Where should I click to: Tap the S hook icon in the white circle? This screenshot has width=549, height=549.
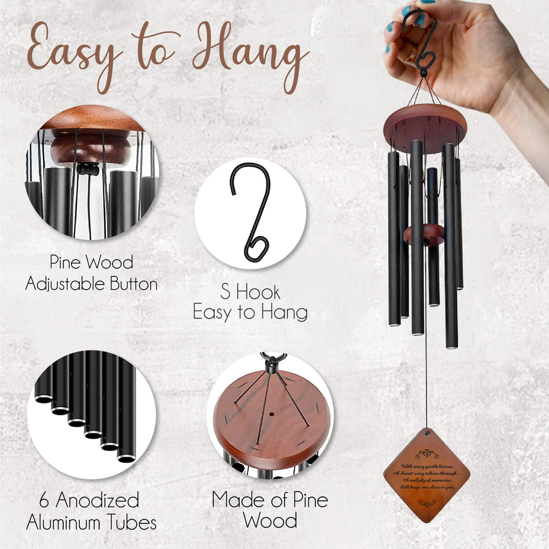click(x=250, y=211)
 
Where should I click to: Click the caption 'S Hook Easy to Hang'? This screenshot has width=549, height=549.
click(x=250, y=302)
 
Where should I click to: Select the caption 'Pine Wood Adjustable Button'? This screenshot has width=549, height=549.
click(x=92, y=273)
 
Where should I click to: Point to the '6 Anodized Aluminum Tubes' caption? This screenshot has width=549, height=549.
click(x=92, y=511)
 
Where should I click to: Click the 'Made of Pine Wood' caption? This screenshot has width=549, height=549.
click(x=270, y=510)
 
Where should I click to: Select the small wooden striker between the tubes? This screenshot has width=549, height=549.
click(x=425, y=235)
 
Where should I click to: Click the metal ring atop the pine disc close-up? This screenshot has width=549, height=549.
click(x=273, y=357)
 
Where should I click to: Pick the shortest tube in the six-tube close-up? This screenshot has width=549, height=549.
click(x=43, y=376)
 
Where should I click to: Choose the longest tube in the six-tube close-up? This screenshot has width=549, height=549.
click(x=127, y=408)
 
